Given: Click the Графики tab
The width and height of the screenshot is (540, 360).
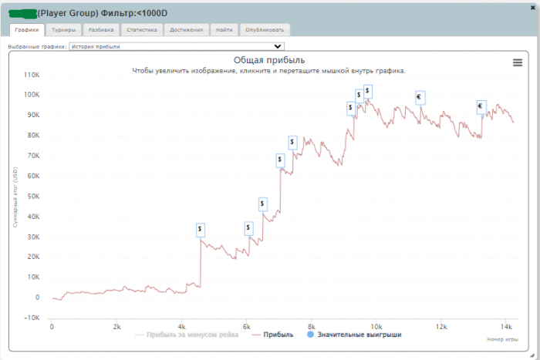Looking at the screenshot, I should coord(25,30).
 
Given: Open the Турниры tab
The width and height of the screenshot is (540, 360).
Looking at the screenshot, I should coord(63,30).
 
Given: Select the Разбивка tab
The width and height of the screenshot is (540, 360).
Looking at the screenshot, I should coord(102,30).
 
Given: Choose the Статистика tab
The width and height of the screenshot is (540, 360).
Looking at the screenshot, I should coord(142,30).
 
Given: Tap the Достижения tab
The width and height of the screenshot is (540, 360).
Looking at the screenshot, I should coord(187,30).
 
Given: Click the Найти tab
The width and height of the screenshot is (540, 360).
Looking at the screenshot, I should coord(224,30).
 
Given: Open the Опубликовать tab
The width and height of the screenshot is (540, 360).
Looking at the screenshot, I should coord(265,30).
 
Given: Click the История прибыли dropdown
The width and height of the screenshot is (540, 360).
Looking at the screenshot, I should coord(177,46).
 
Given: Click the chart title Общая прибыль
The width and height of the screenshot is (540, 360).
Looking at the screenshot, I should coord(269,60).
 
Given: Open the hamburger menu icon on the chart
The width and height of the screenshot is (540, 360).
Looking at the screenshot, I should coord(518,63).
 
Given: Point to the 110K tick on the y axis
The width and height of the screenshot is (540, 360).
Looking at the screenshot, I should coord(32,75).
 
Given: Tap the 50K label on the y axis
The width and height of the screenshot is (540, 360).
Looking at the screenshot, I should coord(33,196).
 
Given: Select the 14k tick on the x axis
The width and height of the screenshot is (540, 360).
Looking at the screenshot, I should coord(505,326).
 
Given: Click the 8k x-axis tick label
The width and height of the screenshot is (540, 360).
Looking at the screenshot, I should coord(311,326).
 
